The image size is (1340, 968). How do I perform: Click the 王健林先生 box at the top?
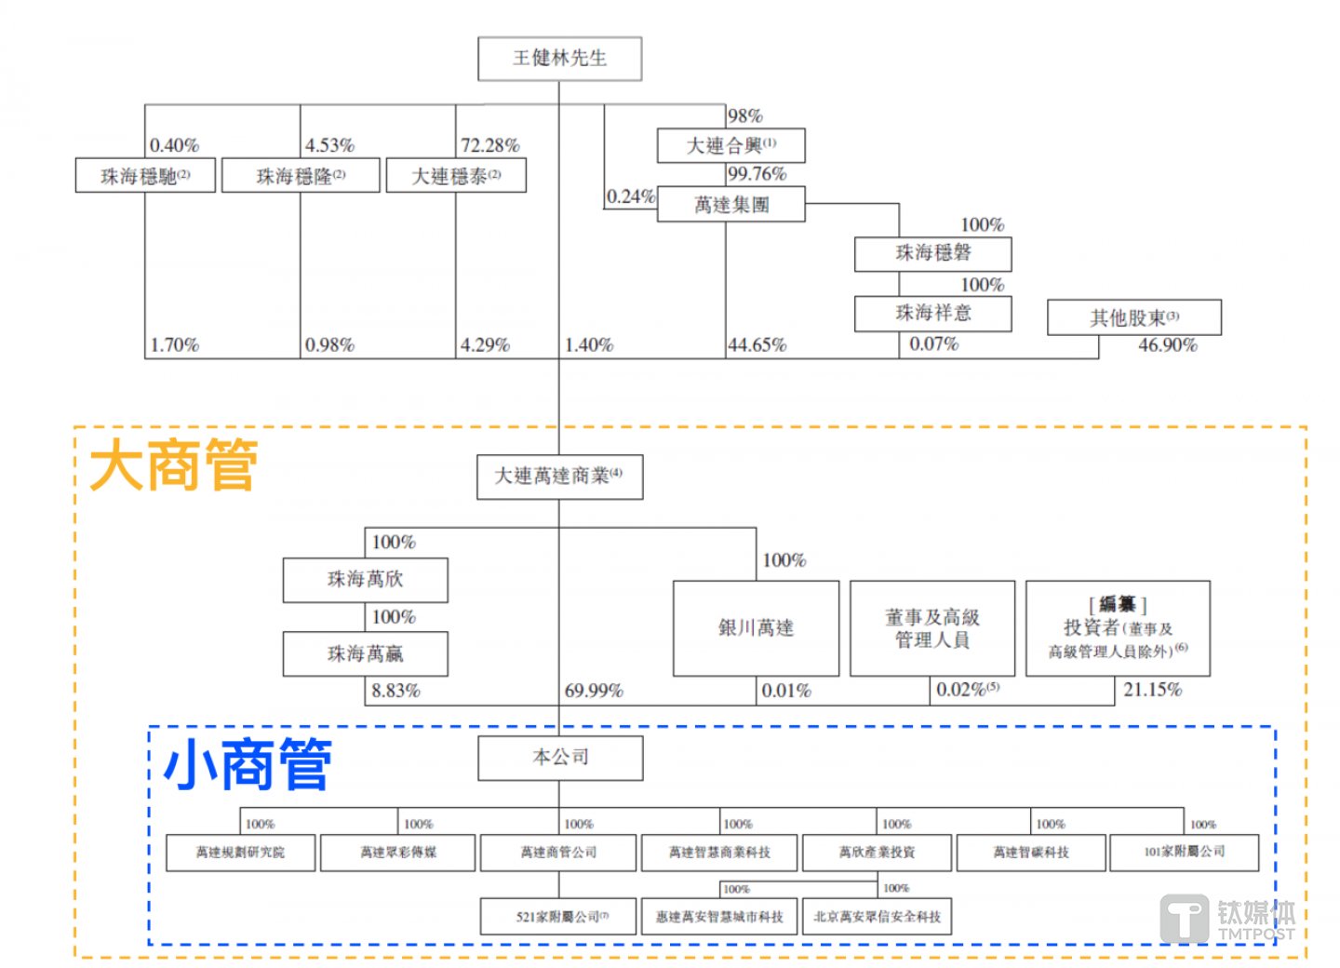pyautogui.click(x=559, y=59)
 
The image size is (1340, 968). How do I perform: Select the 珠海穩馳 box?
pyautogui.click(x=145, y=176)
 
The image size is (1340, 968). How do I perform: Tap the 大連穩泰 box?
pyautogui.click(x=456, y=176)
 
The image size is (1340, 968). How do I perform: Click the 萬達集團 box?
pyautogui.click(x=730, y=204)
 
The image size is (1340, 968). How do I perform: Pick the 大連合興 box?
pyautogui.click(x=730, y=146)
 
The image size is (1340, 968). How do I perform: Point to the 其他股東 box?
pyautogui.click(x=1133, y=318)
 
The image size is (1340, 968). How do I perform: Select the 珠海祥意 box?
pyautogui.click(x=932, y=313)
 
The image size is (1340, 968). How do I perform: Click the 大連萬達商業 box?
pyautogui.click(x=559, y=477)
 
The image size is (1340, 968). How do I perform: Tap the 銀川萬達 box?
pyautogui.click(x=756, y=628)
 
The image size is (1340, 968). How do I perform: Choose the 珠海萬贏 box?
pyautogui.click(x=365, y=653)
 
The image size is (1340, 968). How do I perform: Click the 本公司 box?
pyautogui.click(x=560, y=758)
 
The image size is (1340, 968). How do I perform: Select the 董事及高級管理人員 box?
pyautogui.click(x=931, y=628)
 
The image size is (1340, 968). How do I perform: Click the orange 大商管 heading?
pyautogui.click(x=174, y=465)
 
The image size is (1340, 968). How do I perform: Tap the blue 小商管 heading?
pyautogui.click(x=248, y=765)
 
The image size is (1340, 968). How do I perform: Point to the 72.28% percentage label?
pyautogui.click(x=490, y=146)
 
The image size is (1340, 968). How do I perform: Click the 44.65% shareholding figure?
pyautogui.click(x=757, y=345)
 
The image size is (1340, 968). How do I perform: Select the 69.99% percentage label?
pyautogui.click(x=594, y=691)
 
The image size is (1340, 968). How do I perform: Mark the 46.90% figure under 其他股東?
pyautogui.click(x=1167, y=345)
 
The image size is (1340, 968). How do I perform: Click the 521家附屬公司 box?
pyautogui.click(x=558, y=917)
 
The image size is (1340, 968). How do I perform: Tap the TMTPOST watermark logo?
pyautogui.click(x=1226, y=920)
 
